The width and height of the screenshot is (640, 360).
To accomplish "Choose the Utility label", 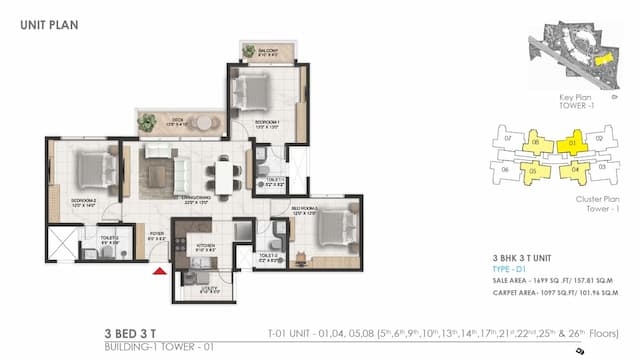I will (x=195, y=291).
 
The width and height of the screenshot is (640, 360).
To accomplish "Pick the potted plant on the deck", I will (x=148, y=123).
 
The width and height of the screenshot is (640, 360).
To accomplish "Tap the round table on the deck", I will (x=204, y=122).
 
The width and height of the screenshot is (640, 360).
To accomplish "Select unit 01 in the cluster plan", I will (x=573, y=144).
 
